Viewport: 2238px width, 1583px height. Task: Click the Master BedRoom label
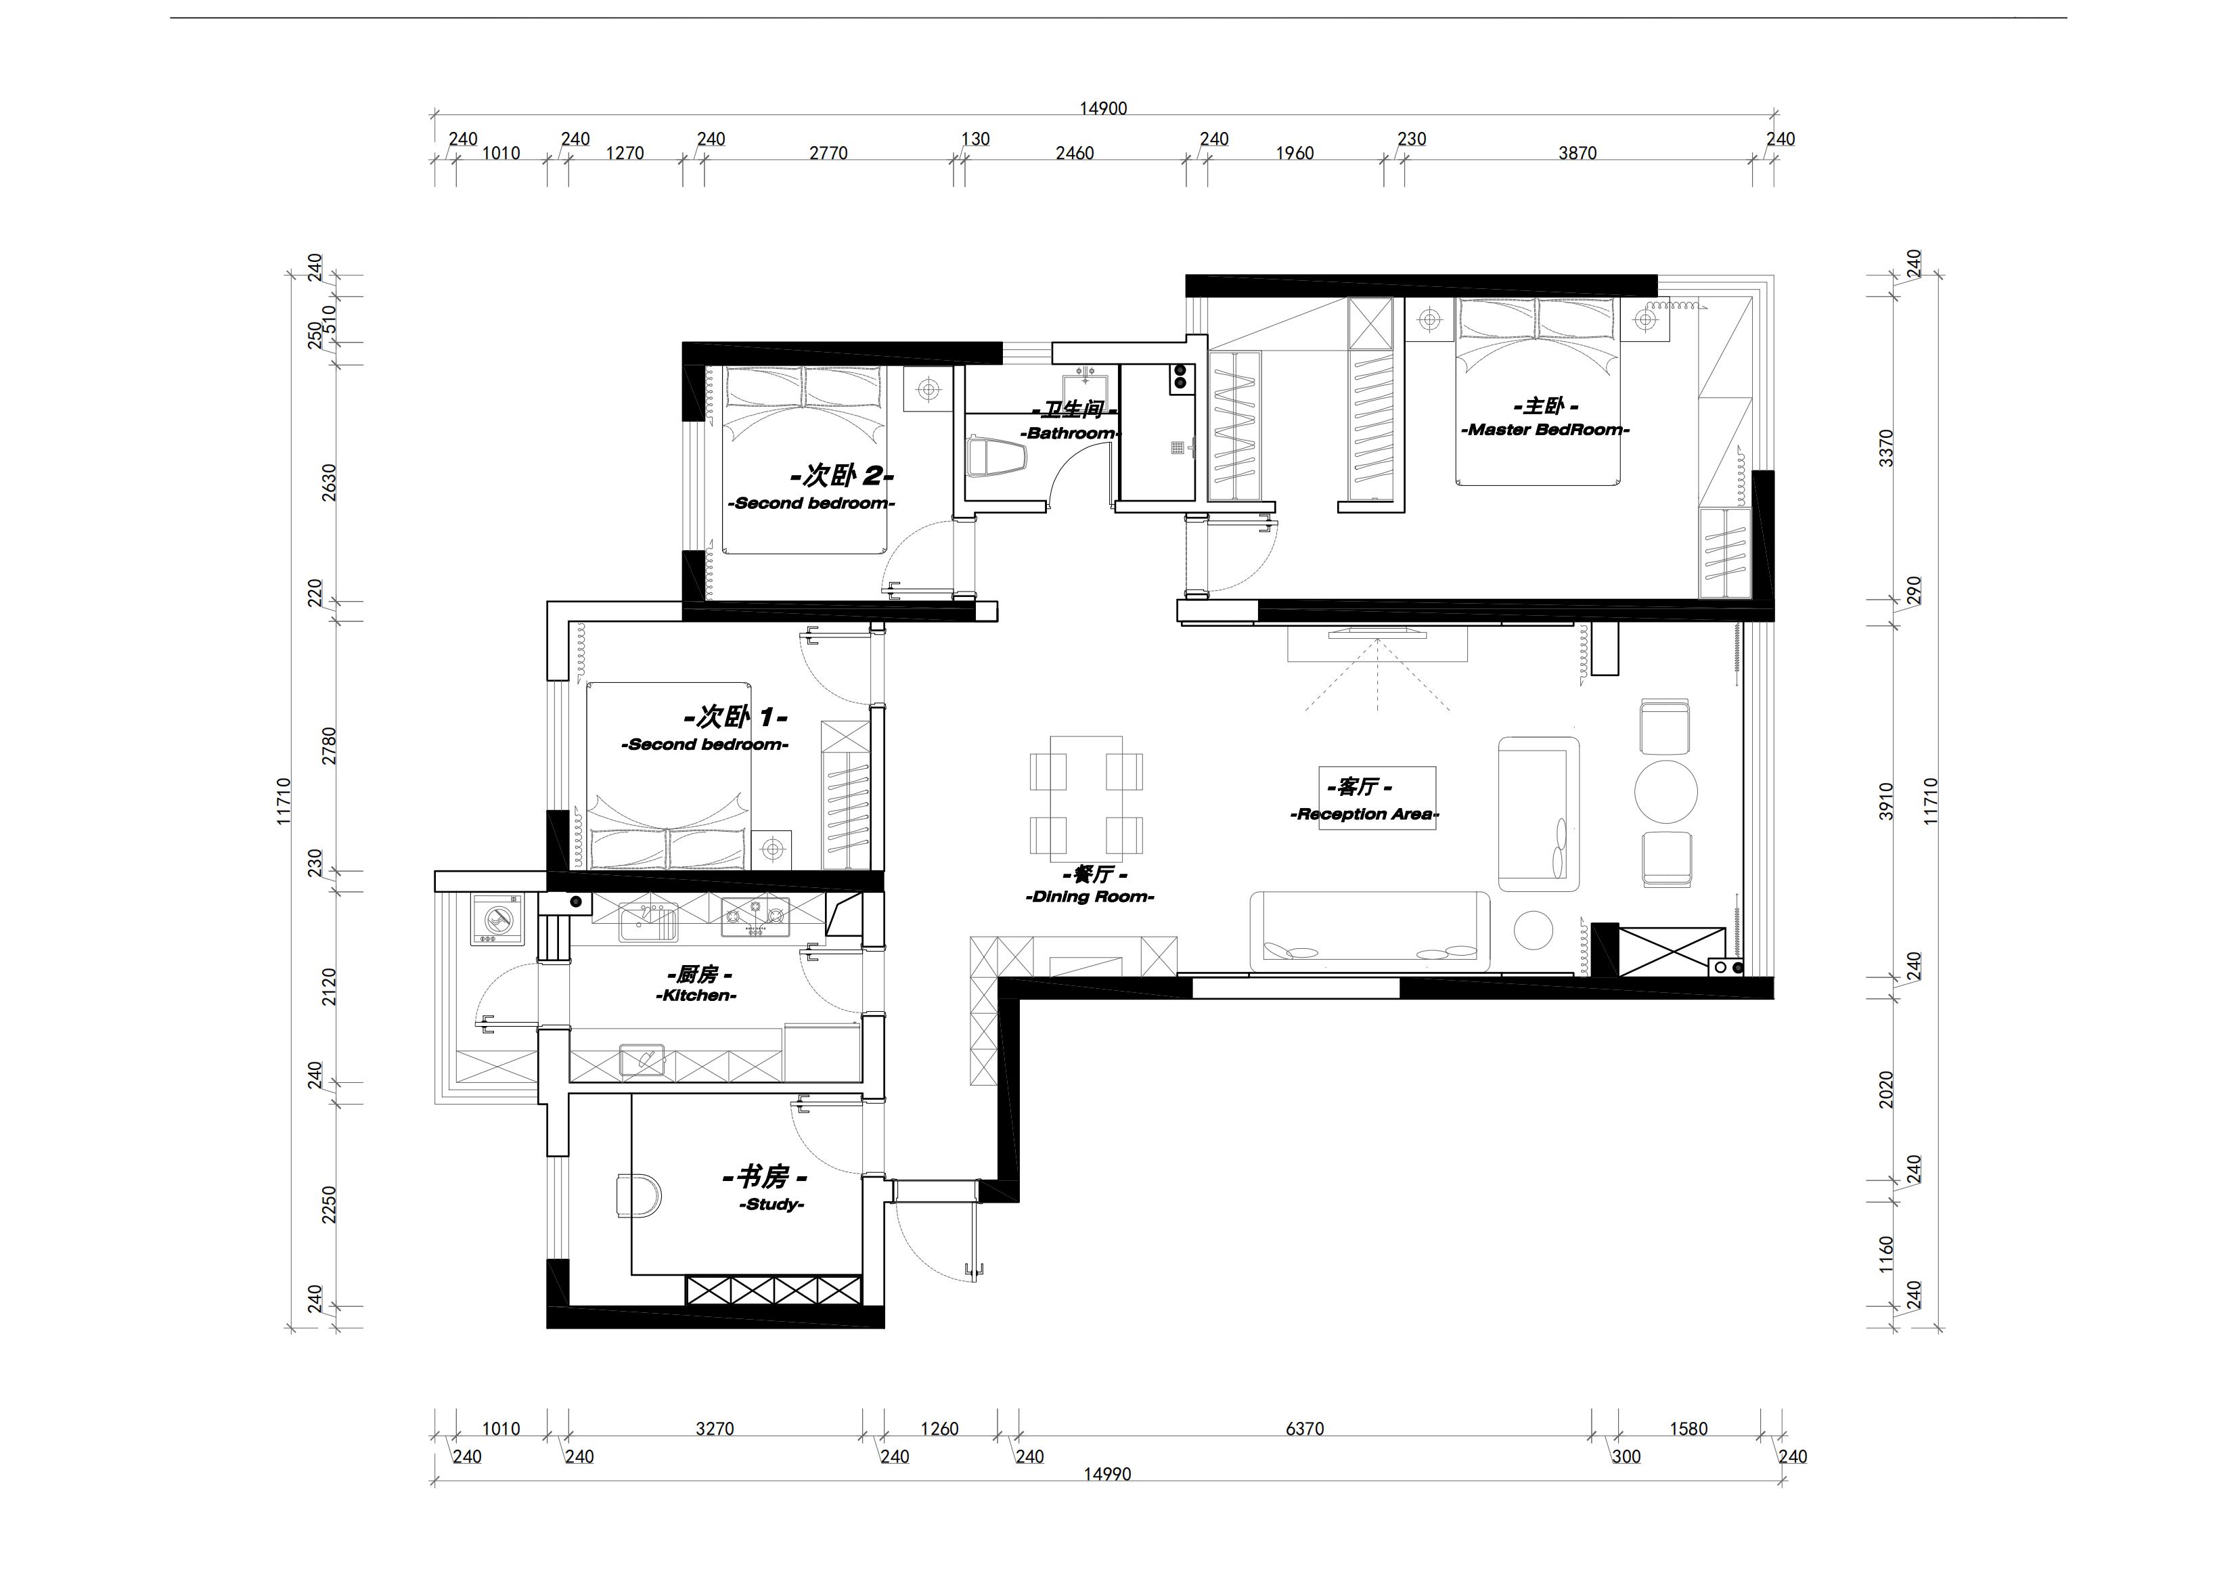tap(1545, 430)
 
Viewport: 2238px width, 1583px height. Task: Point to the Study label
tap(771, 1205)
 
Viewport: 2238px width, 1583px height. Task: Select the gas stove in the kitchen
tap(755, 915)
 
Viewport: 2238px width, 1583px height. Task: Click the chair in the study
tap(637, 1195)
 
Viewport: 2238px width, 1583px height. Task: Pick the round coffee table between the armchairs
tap(1666, 793)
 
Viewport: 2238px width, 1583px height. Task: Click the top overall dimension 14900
tap(1102, 108)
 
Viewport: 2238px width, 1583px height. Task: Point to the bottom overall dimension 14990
tap(1107, 1474)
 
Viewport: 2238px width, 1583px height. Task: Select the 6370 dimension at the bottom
tap(1304, 1429)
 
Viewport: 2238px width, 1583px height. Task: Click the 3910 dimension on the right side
tap(1886, 801)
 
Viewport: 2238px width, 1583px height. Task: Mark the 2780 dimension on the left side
tap(328, 746)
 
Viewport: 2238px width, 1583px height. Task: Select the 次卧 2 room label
tap(841, 476)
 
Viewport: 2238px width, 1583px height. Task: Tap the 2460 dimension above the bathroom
tap(1074, 153)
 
